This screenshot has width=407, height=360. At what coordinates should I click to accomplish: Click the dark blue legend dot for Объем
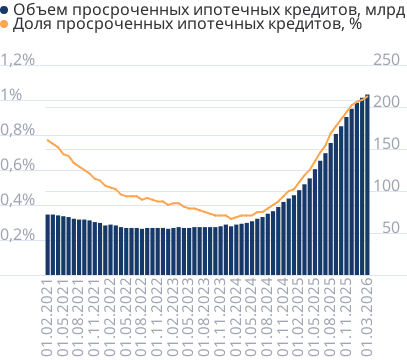[x=5, y=10]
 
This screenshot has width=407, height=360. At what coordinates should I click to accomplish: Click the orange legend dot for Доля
[x=5, y=26]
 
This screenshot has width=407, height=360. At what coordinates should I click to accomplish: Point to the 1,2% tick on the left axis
[x=18, y=61]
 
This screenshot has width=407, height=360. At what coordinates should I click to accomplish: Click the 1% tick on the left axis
[x=12, y=96]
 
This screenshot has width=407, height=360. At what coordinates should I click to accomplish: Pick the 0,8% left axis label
[x=18, y=131]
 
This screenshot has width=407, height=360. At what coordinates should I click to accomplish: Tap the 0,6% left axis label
[x=18, y=166]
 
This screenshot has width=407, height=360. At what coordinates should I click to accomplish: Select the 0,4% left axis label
[x=18, y=201]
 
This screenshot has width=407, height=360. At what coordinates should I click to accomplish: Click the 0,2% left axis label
[x=18, y=235]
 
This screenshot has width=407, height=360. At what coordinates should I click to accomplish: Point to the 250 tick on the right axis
[x=385, y=61]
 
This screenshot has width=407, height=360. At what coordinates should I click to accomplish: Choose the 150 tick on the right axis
[x=385, y=145]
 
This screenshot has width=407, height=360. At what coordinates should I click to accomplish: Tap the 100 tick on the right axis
[x=385, y=187]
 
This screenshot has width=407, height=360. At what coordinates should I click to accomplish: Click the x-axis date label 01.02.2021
[x=47, y=318]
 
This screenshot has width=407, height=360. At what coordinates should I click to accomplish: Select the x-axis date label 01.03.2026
[x=366, y=318]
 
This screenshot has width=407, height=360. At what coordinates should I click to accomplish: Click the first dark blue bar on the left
[x=47, y=244]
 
